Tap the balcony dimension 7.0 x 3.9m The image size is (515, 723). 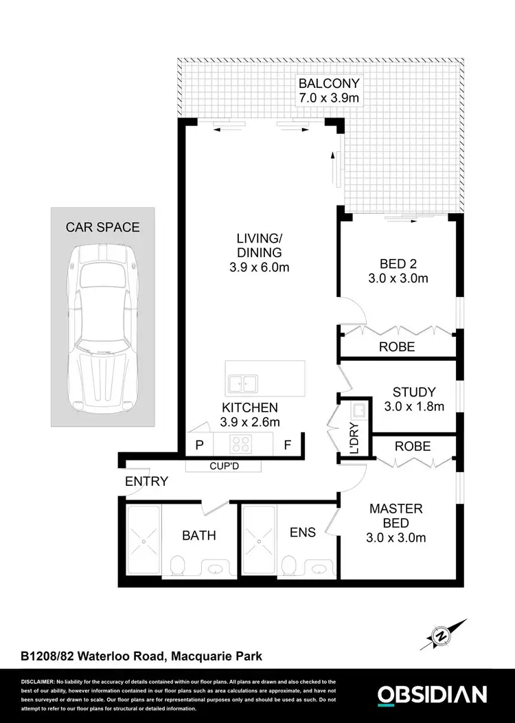tap(330, 98)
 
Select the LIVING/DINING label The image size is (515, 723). tap(259, 245)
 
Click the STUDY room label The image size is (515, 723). tap(413, 392)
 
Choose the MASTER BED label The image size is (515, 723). tap(396, 516)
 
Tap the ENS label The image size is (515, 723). tap(303, 533)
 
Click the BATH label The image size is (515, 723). tap(199, 535)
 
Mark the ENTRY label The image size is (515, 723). tap(146, 481)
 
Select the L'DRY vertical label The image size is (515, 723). tap(354, 439)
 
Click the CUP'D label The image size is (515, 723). tap(224, 467)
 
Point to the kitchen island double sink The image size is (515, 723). tap(242, 382)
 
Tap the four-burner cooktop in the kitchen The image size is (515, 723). tap(242, 443)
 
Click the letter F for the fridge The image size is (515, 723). tap(288, 445)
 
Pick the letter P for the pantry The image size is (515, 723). tap(199, 445)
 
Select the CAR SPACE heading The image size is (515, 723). tap(102, 227)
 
